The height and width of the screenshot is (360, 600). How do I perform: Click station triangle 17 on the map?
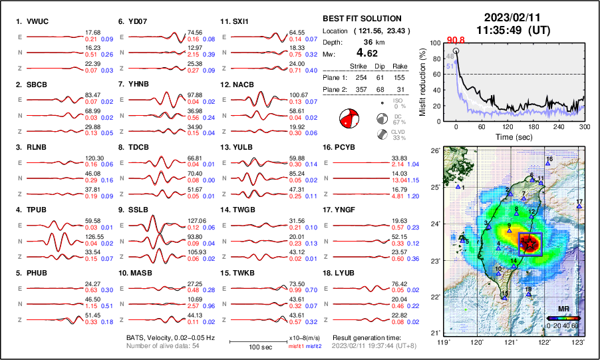pyautogui.click(x=579, y=206)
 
